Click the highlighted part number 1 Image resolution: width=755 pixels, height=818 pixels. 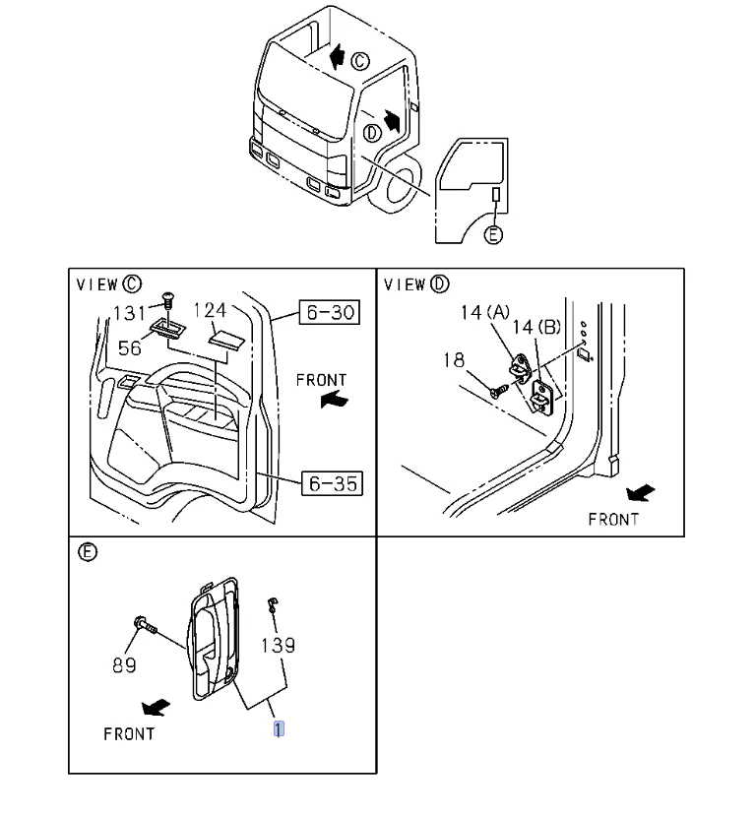tap(280, 729)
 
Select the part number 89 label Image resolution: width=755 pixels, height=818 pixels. tap(124, 666)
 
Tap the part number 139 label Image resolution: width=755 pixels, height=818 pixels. tap(278, 646)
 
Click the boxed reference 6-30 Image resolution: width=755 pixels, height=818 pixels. tap(330, 313)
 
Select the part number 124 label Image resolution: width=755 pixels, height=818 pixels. tap(211, 311)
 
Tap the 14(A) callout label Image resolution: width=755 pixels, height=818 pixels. tap(484, 312)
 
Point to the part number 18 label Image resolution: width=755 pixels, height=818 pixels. tap(453, 360)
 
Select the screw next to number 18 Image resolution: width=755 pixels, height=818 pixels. tap(497, 390)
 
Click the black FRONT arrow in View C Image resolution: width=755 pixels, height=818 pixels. tap(335, 401)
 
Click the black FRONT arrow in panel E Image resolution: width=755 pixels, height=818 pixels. tap(155, 707)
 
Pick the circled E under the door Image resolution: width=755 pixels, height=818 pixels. tap(494, 234)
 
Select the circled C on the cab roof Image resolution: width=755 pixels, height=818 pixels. tap(359, 61)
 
